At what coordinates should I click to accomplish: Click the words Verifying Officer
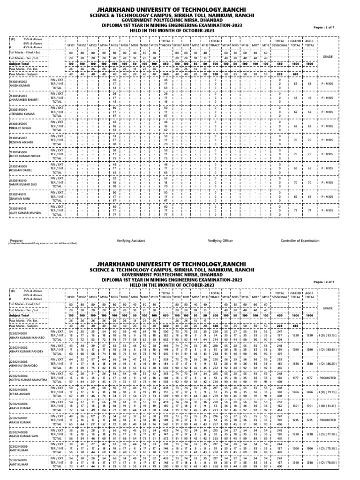(220, 240)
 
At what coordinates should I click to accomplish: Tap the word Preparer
(16, 240)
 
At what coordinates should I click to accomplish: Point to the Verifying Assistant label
(130, 240)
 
